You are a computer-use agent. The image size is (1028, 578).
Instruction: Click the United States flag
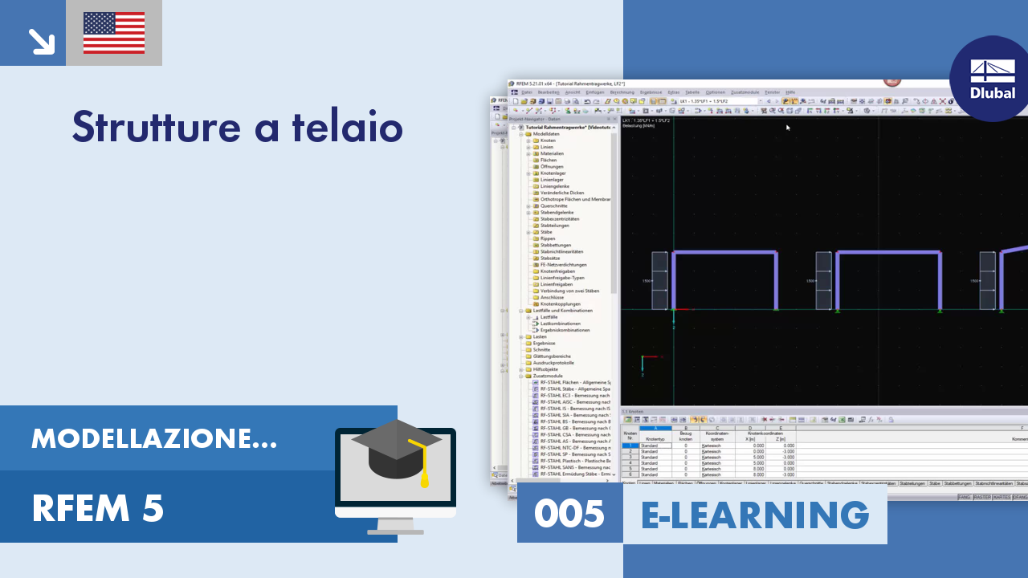coord(114,33)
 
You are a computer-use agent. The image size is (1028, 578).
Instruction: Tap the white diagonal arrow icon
coord(39,41)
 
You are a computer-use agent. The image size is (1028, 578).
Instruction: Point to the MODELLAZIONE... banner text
coord(154,438)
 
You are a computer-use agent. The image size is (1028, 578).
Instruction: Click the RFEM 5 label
coord(98,508)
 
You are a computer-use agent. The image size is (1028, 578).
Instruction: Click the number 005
coord(569,515)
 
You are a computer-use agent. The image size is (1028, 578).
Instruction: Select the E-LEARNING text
coord(755,515)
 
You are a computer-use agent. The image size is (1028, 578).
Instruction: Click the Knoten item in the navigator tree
coord(548,140)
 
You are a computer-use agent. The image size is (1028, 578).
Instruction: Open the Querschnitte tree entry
coord(553,206)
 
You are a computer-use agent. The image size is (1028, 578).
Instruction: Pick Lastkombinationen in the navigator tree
coord(560,324)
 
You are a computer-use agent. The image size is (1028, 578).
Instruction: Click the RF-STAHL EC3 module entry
coord(574,395)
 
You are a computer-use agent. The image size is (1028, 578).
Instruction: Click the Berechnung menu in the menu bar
coord(622,92)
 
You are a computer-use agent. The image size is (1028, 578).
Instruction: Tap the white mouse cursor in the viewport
coord(788,127)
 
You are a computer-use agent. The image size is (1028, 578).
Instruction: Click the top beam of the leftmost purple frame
coord(724,254)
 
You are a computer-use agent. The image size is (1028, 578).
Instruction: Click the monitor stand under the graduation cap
coord(395,526)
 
